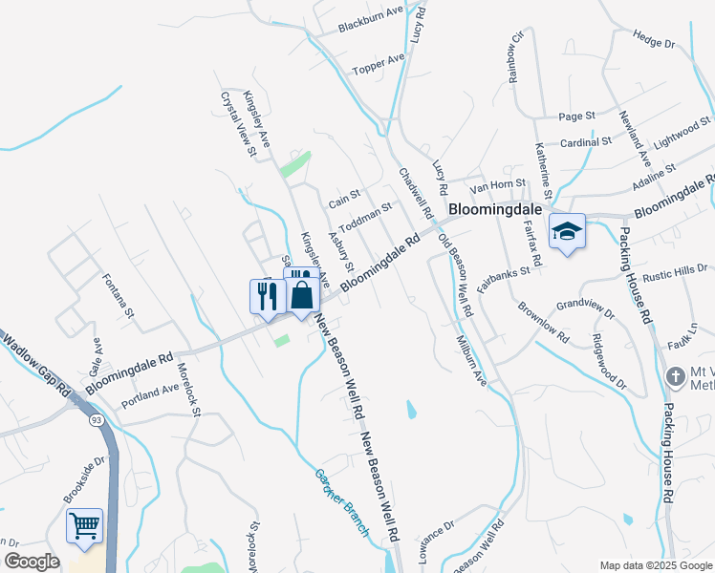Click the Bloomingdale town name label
tap(496, 208)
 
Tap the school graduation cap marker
tap(567, 231)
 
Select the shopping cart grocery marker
tap(84, 526)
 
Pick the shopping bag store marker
tap(302, 293)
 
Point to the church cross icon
tap(675, 374)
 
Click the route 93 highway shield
tap(97, 419)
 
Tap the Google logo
tap(32, 562)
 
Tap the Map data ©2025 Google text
tap(655, 564)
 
